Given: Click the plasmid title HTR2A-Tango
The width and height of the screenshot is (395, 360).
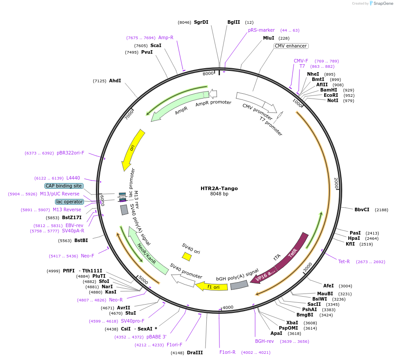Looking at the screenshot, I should click(219, 188).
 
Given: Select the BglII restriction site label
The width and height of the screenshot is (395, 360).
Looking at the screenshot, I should click(234, 22).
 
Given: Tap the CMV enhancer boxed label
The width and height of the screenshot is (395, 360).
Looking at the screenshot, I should click(291, 46).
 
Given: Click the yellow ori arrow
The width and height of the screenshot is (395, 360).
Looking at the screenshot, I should click(133, 150).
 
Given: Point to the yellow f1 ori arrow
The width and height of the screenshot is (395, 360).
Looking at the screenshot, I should click(212, 287).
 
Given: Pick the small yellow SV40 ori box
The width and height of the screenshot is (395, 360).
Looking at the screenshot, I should click(187, 256).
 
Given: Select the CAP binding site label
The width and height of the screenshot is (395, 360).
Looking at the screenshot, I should click(64, 186).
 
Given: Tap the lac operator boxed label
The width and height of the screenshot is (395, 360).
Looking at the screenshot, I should click(69, 202).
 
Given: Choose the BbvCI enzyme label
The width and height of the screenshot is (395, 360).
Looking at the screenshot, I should click(362, 210).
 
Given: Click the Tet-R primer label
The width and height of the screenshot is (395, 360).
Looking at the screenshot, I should click(344, 261).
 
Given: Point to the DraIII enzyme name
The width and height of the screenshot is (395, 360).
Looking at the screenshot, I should click(195, 353).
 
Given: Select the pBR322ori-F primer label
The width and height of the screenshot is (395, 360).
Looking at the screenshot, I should click(70, 153).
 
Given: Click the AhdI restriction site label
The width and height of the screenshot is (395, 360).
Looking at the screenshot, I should click(115, 81).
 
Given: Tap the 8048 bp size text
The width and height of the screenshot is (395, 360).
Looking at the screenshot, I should click(219, 194).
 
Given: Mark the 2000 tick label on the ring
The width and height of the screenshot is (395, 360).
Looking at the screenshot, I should click(336, 184).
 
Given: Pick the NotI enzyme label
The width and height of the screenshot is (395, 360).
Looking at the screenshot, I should click(333, 101).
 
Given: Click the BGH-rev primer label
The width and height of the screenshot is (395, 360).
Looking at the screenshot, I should click(264, 341).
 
